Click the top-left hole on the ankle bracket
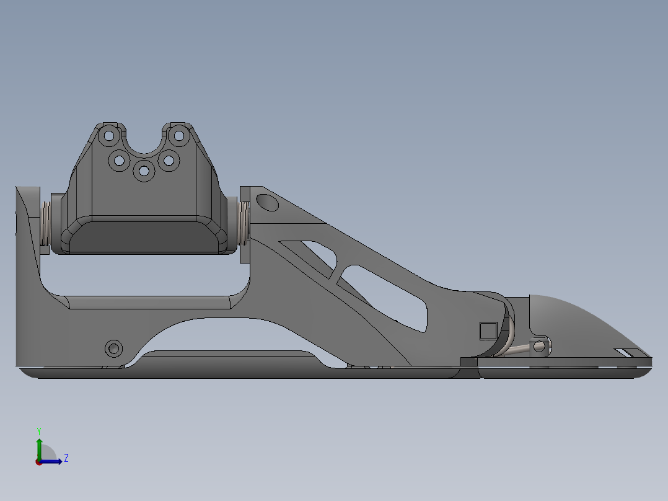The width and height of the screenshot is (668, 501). pos(109,135)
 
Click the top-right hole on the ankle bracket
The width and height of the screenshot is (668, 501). pos(178,135)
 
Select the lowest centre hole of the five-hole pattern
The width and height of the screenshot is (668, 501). pos(144,171)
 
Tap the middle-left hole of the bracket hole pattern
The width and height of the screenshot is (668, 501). pos(118,161)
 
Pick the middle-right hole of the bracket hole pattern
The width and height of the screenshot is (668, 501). pos(169,161)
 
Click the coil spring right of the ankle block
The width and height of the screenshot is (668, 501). pos(244,222)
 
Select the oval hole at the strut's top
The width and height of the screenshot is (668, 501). pos(267,202)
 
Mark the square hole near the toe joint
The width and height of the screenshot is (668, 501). pos(488,330)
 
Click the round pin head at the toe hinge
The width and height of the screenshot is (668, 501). pos(540,346)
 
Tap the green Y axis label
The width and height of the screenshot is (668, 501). pos(38,430)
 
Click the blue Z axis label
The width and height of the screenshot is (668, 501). pos(66,458)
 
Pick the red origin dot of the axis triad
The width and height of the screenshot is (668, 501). pos(39,461)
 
